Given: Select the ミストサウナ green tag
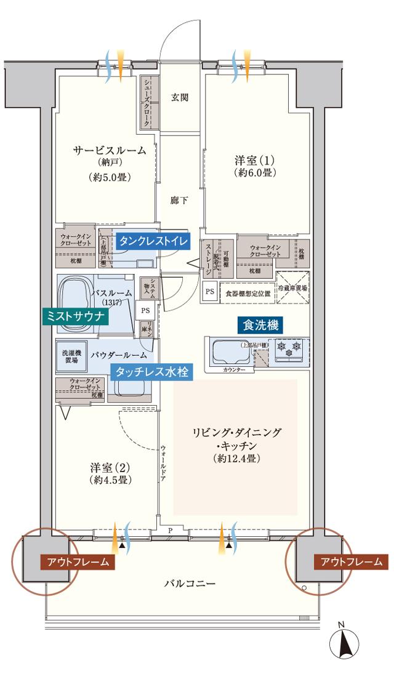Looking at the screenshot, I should tap(76, 316).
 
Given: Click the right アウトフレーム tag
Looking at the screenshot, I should tap(350, 561).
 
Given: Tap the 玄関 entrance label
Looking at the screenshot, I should tap(179, 97).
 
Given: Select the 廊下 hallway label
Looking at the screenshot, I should tap(179, 200).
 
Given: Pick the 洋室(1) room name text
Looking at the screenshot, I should tap(254, 161).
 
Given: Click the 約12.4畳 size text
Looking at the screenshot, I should tap(236, 459).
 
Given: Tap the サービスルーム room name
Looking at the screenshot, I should tap(110, 150).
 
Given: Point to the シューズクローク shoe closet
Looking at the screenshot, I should tap(148, 103).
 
